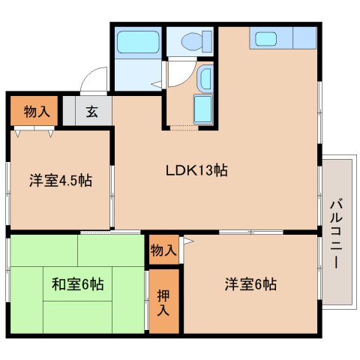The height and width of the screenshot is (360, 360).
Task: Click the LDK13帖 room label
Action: pyautogui.click(x=196, y=170)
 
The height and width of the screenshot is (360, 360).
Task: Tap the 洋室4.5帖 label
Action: pyautogui.click(x=61, y=180)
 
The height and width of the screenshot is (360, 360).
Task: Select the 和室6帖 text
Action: pyautogui.click(x=78, y=284)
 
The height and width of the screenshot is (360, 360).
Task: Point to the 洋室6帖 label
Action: pyautogui.click(x=250, y=284)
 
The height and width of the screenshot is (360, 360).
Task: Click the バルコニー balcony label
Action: pyautogui.click(x=336, y=233)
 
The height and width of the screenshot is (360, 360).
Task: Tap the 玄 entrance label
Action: pyautogui.click(x=91, y=112)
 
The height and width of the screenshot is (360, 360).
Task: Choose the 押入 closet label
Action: pyautogui.click(x=163, y=302)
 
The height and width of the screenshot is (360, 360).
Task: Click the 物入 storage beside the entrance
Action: pyautogui.click(x=37, y=112)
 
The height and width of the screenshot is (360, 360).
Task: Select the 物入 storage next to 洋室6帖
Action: pyautogui.click(x=163, y=250)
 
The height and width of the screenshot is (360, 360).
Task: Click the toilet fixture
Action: pyautogui.click(x=197, y=41)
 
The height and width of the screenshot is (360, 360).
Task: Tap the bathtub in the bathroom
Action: pyautogui.click(x=138, y=42)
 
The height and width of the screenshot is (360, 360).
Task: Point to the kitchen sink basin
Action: pyautogui.click(x=265, y=39)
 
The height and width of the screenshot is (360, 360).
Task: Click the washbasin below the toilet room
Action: pyautogui.click(x=205, y=78)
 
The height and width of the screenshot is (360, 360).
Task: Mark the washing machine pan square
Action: pyautogui.click(x=203, y=109)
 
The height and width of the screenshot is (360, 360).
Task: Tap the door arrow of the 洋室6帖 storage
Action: pyautogui.click(x=188, y=241)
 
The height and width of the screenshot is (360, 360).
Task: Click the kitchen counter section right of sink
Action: pyautogui.click(x=304, y=37)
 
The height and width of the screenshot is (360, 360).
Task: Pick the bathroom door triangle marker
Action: pyautogui.click(x=157, y=85)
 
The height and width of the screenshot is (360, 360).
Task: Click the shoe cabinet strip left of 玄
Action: pyautogui.click(x=69, y=111)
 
